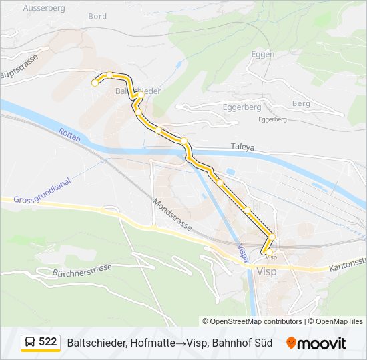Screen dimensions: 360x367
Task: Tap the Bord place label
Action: [x=97, y=16]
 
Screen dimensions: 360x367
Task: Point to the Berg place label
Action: [x=301, y=103]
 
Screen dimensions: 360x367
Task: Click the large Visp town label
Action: [x=265, y=272]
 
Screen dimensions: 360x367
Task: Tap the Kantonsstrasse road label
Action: [x=347, y=265]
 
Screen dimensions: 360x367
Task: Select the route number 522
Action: [x=48, y=342]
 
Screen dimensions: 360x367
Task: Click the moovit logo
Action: [x=316, y=343]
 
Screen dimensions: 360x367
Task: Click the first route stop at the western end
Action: [x=95, y=83]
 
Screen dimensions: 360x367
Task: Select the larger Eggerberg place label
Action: [x=242, y=107]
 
